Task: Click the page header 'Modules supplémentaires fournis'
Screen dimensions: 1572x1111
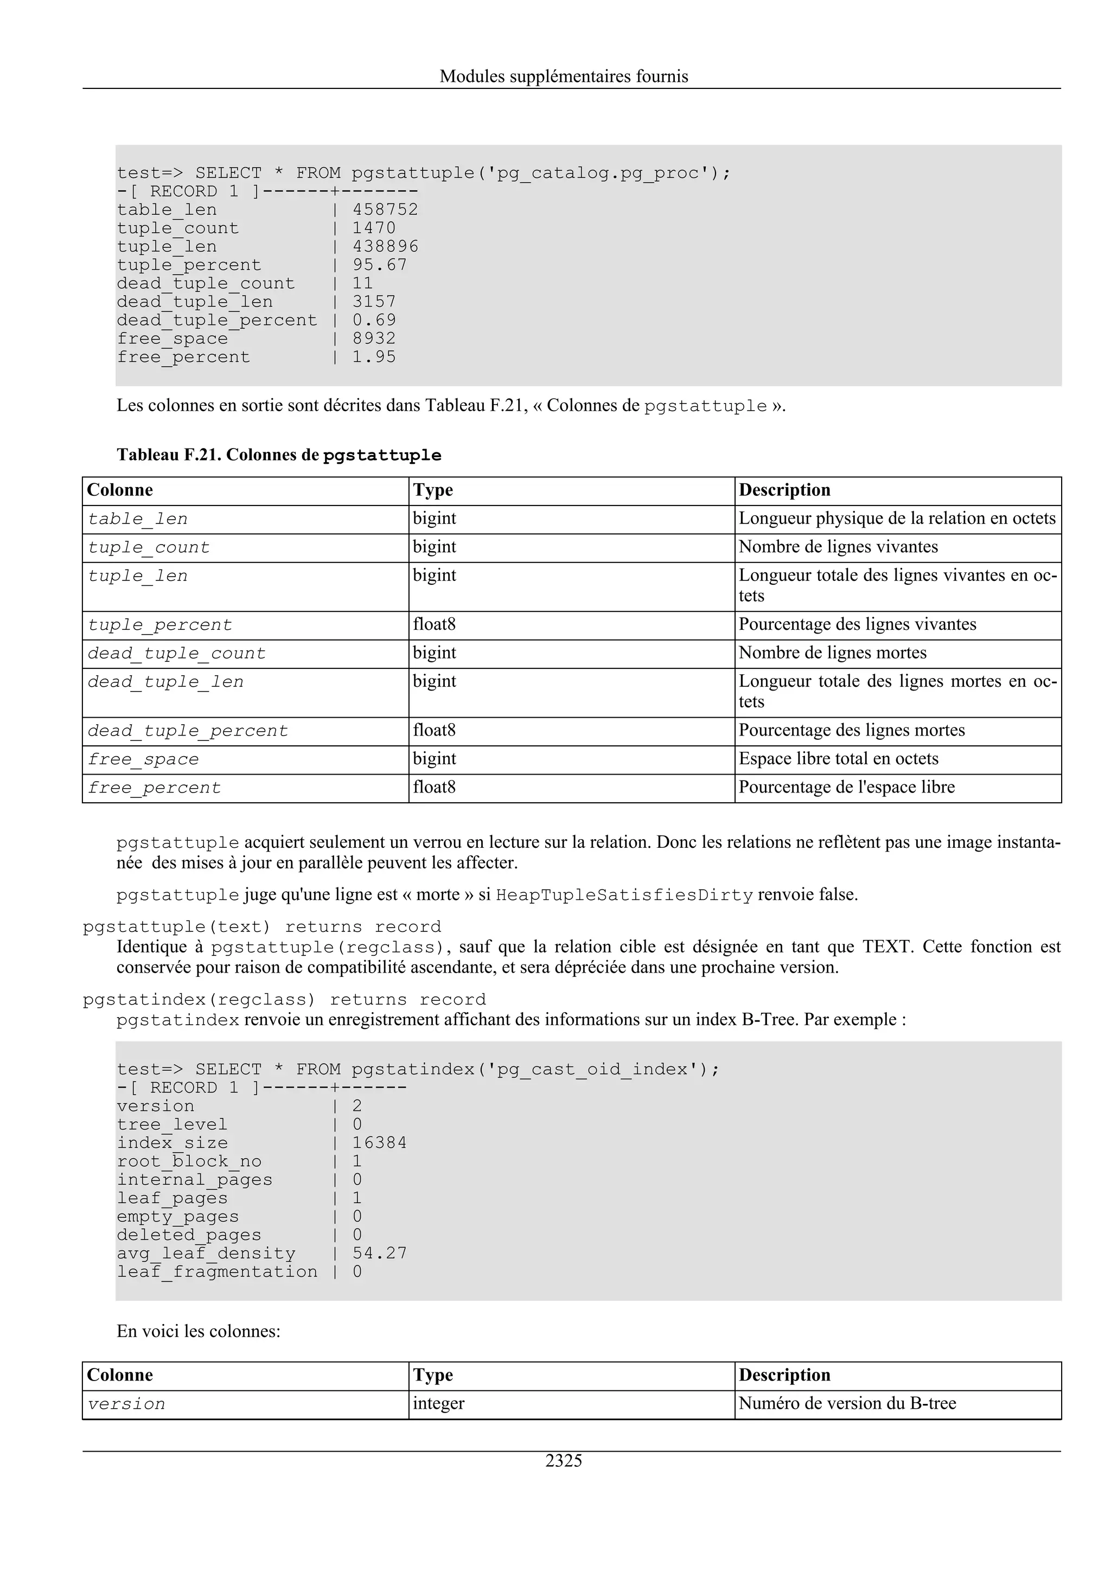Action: pyautogui.click(x=564, y=76)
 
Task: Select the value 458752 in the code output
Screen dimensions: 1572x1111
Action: pyautogui.click(x=385, y=209)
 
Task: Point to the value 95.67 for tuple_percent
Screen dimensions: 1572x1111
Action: pyautogui.click(x=379, y=265)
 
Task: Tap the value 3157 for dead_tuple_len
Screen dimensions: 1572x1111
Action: pyautogui.click(x=374, y=302)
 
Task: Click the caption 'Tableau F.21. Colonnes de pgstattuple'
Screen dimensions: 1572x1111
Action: pyautogui.click(x=279, y=455)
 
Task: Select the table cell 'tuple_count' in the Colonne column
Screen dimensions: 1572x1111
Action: pyautogui.click(x=149, y=548)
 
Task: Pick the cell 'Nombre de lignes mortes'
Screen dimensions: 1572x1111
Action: pyautogui.click(x=832, y=653)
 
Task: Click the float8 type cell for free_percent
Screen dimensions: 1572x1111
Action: pyautogui.click(x=434, y=788)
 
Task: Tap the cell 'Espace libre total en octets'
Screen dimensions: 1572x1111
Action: pyautogui.click(x=838, y=759)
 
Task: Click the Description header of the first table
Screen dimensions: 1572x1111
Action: pyautogui.click(x=784, y=490)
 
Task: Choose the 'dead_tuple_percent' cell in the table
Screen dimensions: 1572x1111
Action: pyautogui.click(x=188, y=731)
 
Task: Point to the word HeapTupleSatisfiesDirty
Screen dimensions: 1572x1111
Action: pyautogui.click(x=624, y=895)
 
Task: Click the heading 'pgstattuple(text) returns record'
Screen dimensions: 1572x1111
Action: pyautogui.click(x=261, y=927)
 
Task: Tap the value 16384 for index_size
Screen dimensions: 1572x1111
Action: pyautogui.click(x=379, y=1143)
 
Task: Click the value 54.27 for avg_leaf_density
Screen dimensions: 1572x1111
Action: pyautogui.click(x=379, y=1254)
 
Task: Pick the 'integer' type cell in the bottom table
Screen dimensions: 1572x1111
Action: pyautogui.click(x=438, y=1404)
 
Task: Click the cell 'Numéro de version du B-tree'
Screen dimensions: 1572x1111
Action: pyautogui.click(x=847, y=1404)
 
